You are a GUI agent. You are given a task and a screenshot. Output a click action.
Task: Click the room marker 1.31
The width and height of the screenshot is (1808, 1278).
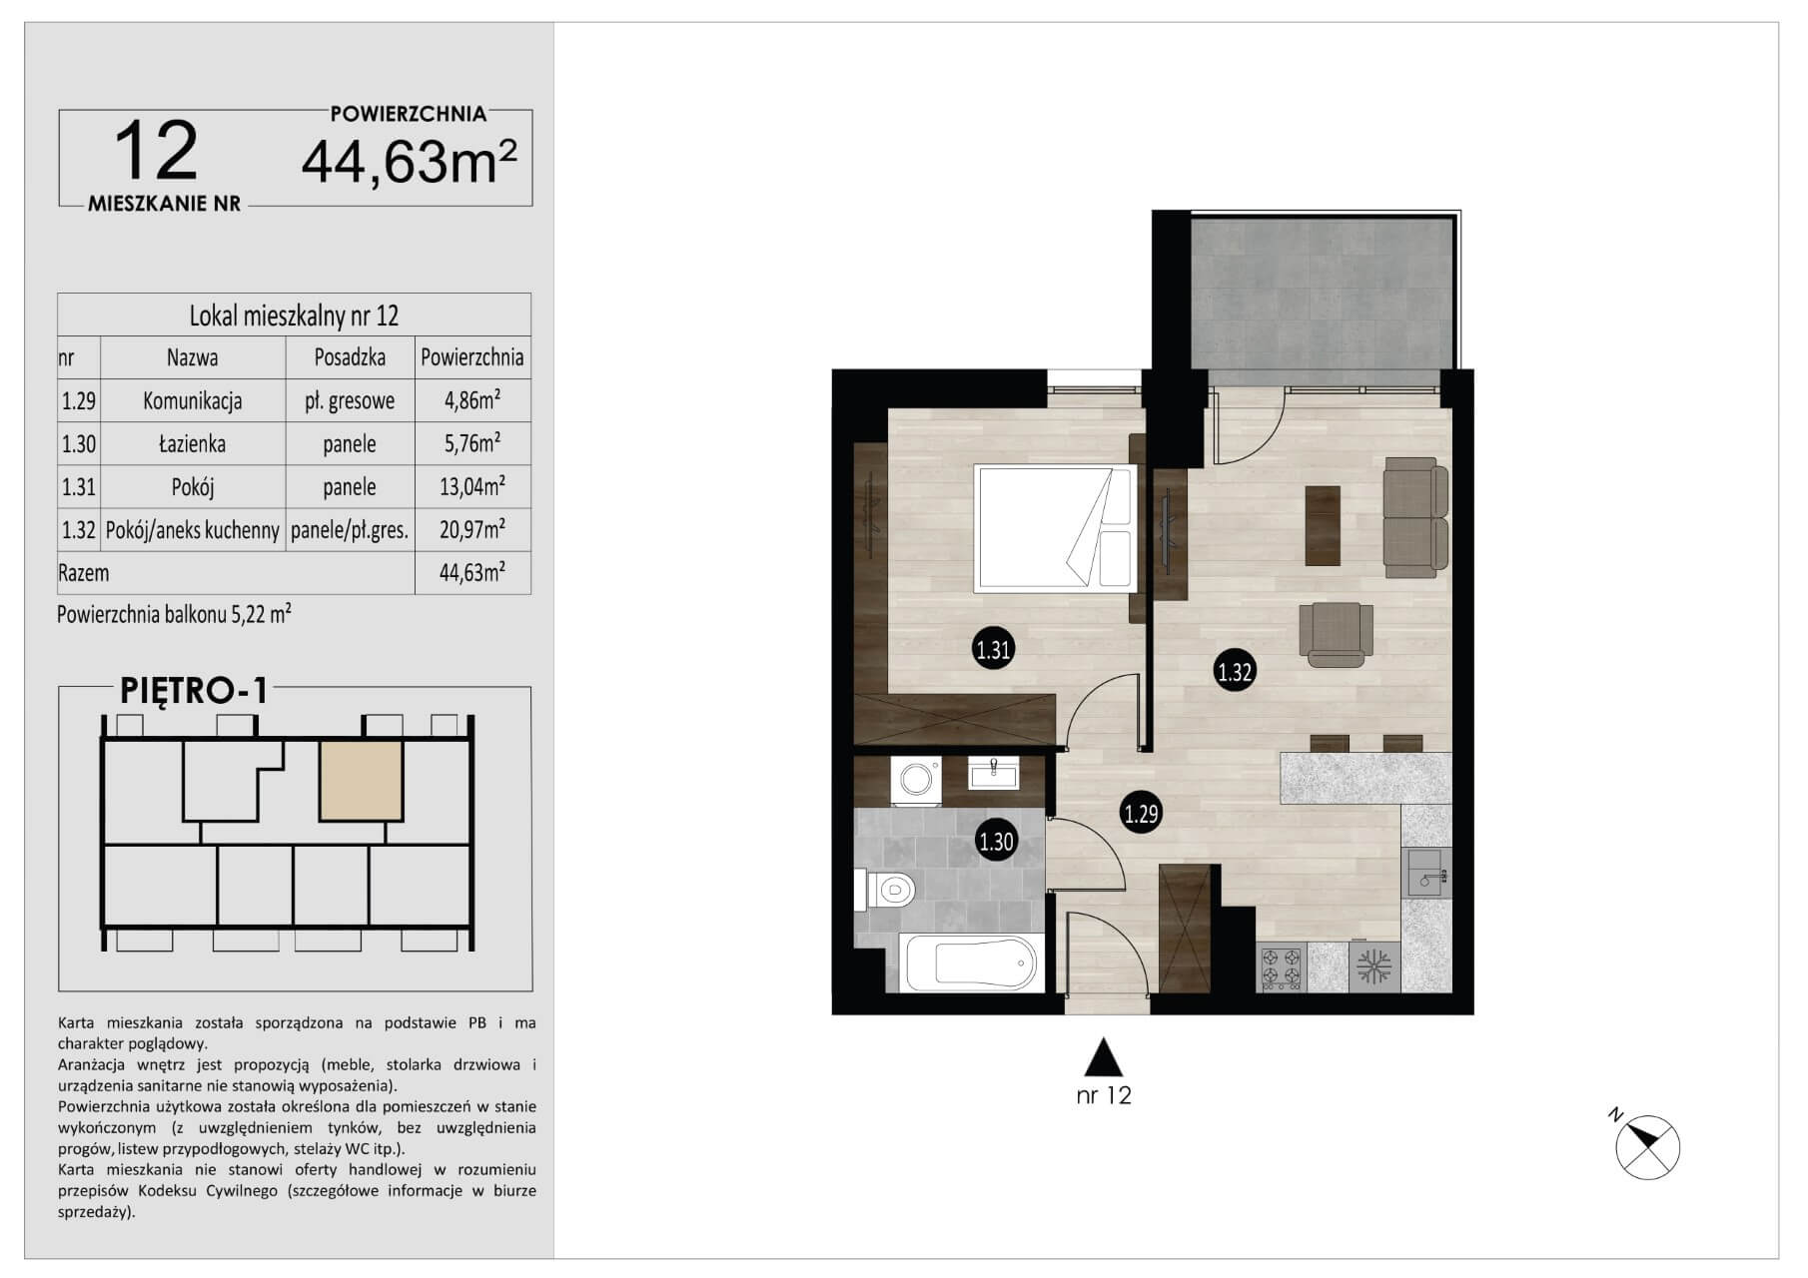994,651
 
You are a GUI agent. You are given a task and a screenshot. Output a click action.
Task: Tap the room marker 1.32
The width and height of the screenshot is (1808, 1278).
1235,672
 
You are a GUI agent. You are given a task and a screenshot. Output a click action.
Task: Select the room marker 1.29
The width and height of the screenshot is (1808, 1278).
1141,813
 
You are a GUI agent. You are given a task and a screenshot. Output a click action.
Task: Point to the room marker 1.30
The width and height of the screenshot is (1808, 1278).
996,841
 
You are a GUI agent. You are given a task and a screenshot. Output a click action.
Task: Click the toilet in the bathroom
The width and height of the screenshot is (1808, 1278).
884,889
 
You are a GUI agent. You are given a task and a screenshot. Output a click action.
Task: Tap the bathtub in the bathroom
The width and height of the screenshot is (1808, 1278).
972,962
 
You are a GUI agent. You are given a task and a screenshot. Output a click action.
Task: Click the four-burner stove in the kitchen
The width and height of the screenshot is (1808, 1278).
1282,966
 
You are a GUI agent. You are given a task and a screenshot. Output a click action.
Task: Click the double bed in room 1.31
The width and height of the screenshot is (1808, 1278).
1054,527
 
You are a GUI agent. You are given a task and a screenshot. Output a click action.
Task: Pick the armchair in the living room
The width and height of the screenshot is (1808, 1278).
1336,633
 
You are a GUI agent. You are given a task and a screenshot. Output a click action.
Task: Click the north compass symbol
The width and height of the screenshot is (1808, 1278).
1646,1145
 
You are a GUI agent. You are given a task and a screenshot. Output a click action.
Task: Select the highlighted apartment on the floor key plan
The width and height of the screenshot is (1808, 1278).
362,780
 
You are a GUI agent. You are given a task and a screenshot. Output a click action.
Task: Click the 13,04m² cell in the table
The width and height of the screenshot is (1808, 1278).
472,486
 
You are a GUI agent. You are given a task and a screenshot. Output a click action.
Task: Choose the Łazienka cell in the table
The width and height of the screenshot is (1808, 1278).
193,443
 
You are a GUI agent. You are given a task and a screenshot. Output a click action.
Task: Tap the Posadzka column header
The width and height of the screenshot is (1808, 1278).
350,356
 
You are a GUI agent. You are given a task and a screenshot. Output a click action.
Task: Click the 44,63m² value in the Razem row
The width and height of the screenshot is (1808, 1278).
472,573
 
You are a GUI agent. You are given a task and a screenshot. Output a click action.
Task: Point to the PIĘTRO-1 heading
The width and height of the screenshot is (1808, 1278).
194,690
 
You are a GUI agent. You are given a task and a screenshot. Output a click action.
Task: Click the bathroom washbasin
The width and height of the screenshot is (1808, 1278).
994,773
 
